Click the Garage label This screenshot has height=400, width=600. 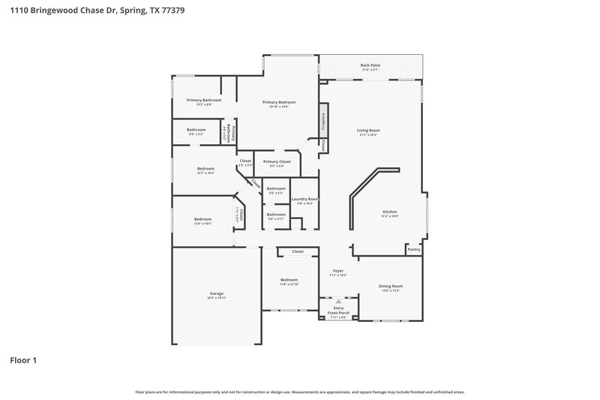pos(216,293)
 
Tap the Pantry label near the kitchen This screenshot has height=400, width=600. pos(413,248)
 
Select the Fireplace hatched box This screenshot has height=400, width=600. pos(323,119)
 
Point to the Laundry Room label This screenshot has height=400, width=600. pos(305,199)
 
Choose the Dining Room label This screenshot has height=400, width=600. pos(391,286)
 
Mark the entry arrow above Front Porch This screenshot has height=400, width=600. pos(338,301)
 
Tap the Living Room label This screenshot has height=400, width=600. pos(368,131)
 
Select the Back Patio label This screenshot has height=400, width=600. pos(370,65)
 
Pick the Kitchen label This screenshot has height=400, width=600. pos(390,212)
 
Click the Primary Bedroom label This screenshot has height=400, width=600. pos(278,102)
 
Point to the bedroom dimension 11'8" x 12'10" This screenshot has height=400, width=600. pos(289,284)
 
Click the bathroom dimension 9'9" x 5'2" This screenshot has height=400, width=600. pos(196,134)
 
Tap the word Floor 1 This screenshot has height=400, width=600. pos(23,360)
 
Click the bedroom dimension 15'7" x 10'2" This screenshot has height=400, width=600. pos(205,173)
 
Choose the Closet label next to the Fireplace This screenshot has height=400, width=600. pos(322,147)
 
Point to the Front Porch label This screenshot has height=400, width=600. pos(338,313)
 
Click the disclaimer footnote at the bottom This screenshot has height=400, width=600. pos(300,392)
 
